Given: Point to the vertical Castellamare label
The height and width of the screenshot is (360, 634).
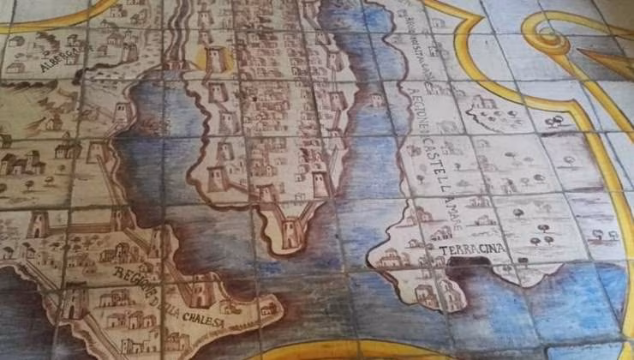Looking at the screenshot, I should click(x=446, y=185).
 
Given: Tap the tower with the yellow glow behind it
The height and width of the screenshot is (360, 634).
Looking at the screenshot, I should click(x=215, y=59).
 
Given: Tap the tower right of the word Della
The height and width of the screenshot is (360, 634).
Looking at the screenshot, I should click(x=200, y=291).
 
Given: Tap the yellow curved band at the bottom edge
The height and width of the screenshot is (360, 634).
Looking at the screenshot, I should click(x=360, y=351).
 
